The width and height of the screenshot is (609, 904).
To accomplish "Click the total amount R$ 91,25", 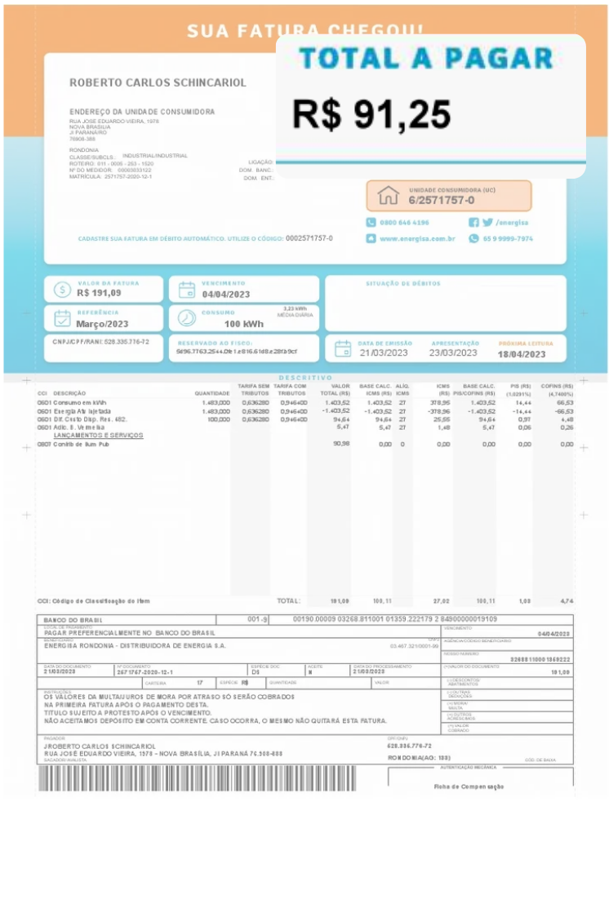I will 371,114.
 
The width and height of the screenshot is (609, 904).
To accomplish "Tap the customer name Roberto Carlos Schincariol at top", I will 158,82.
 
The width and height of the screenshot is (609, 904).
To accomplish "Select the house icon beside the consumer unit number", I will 388,196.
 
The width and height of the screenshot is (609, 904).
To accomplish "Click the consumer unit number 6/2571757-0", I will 442,200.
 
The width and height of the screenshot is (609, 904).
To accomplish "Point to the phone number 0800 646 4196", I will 404,222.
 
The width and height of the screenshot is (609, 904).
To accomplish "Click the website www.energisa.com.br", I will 416,239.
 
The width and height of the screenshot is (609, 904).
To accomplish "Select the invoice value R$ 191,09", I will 99,293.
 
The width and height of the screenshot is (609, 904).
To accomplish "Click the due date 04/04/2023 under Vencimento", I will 226,294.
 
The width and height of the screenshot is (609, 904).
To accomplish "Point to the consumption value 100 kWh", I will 243,324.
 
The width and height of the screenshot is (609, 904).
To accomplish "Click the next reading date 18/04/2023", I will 522,354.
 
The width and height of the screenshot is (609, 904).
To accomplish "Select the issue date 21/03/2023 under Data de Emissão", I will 384,353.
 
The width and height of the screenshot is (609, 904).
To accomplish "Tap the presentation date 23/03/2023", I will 454,353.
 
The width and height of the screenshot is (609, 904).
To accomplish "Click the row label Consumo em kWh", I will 80,403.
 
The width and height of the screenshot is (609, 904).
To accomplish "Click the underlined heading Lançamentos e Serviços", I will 98,436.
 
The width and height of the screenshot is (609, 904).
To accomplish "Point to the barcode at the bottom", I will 204,779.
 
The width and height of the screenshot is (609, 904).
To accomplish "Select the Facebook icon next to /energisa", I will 473,222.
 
